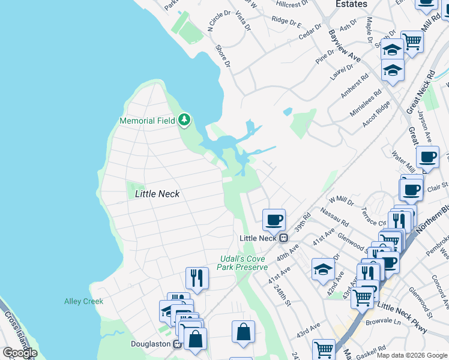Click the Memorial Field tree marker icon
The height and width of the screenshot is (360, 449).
pyautogui.click(x=184, y=121)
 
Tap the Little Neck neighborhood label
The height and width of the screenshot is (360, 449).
pyautogui.click(x=157, y=194)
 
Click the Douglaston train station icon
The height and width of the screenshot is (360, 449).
pyautogui.click(x=177, y=344)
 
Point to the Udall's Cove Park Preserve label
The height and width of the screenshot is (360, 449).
pyautogui.click(x=243, y=262)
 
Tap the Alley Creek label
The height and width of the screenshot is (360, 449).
pyautogui.click(x=83, y=301)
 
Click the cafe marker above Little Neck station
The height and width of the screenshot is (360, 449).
pyautogui.click(x=274, y=220)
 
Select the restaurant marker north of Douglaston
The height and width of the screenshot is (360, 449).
pyautogui.click(x=196, y=278)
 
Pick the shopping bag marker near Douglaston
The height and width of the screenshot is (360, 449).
pyautogui.click(x=243, y=332)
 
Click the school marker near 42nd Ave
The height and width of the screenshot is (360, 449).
pyautogui.click(x=323, y=269)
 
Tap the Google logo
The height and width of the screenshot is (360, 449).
pyautogui.click(x=20, y=353)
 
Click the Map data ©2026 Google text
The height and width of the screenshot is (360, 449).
pyautogui.click(x=412, y=355)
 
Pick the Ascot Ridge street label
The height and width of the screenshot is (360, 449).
pyautogui.click(x=376, y=113)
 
